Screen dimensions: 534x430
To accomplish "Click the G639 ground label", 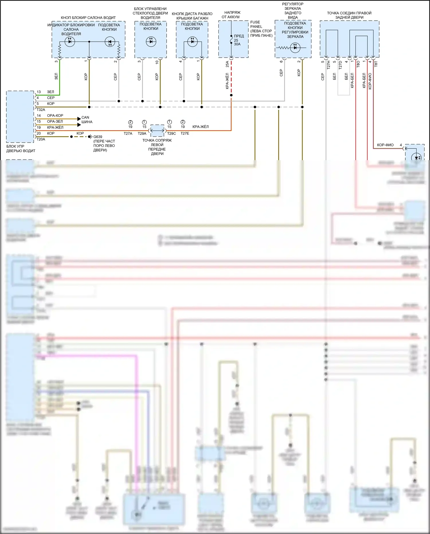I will [98, 137].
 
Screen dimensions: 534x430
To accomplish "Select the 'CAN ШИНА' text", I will [87, 120].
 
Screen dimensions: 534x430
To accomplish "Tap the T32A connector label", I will [41, 110].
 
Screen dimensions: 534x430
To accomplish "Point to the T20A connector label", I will [41, 139].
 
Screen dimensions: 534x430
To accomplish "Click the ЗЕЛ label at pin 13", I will [50, 92].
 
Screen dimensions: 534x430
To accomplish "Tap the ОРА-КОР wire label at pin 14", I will [55, 116].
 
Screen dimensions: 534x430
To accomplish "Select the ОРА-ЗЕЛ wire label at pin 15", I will [55, 121].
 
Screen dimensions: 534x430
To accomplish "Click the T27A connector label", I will [128, 133].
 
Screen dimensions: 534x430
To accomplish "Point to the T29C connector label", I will [171, 133].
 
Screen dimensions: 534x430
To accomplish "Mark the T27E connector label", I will [185, 133].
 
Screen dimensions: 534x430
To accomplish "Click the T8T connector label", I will [376, 64].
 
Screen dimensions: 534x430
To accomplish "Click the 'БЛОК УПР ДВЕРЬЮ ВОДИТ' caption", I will [21, 148].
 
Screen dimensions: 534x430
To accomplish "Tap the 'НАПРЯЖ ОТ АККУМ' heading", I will [231, 15].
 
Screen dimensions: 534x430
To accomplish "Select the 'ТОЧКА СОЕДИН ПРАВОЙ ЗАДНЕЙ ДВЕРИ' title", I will [349, 15].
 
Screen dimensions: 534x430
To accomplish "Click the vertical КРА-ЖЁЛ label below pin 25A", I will [227, 81].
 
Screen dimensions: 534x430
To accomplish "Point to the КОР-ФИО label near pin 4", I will [385, 145].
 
